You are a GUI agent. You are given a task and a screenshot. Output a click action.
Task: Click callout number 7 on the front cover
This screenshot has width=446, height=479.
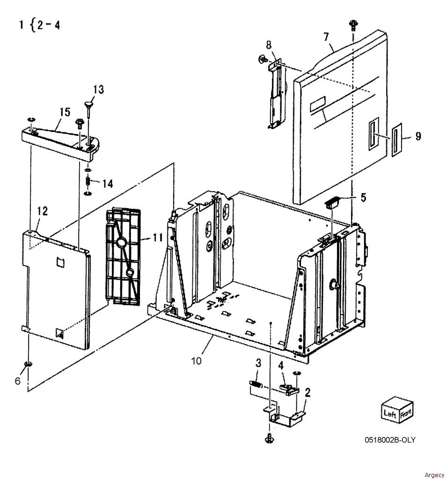[x=326, y=36]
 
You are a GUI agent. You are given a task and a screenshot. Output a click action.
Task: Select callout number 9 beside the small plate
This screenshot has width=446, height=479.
[x=418, y=136]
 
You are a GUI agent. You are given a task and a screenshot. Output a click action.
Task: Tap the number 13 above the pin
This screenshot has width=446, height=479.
[x=98, y=89]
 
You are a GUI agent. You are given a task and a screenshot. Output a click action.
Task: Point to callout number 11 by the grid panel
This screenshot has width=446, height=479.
[x=157, y=237]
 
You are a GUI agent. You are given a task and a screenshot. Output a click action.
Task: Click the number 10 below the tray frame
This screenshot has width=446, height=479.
[x=196, y=361]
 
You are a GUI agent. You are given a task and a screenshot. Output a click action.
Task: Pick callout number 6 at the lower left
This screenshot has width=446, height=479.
[x=18, y=381]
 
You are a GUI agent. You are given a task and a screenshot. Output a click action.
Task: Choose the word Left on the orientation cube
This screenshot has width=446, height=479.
[x=390, y=414]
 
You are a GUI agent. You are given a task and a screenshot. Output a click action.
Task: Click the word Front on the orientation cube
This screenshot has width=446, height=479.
[x=406, y=413]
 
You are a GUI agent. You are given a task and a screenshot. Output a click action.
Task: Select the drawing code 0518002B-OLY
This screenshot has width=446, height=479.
[x=390, y=440]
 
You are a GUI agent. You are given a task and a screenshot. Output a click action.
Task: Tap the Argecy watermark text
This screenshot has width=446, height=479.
[x=434, y=475]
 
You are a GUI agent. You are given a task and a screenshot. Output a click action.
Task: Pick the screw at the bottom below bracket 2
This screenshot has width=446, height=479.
[x=269, y=438]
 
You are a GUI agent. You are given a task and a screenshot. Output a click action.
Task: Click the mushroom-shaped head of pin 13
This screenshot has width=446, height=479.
[x=88, y=104]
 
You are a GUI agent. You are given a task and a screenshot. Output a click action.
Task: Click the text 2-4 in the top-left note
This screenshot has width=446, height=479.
[x=48, y=25]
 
